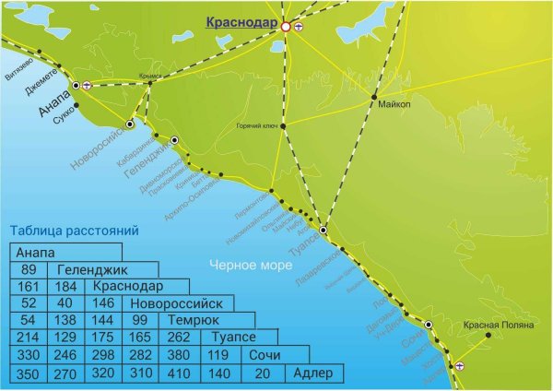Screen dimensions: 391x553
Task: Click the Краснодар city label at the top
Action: [242, 22]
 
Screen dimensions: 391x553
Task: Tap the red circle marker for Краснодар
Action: [286, 28]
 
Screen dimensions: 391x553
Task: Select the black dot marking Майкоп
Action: [374, 96]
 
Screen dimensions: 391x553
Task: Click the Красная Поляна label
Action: [495, 326]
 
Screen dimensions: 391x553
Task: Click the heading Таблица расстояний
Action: [73, 231]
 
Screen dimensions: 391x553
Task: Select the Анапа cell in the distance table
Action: [36, 253]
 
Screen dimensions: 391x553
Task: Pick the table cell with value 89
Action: [28, 270]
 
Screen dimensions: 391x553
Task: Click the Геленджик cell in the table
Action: [91, 270]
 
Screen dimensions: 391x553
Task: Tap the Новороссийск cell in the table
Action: [177, 303]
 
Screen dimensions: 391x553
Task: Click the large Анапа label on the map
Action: [54, 102]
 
